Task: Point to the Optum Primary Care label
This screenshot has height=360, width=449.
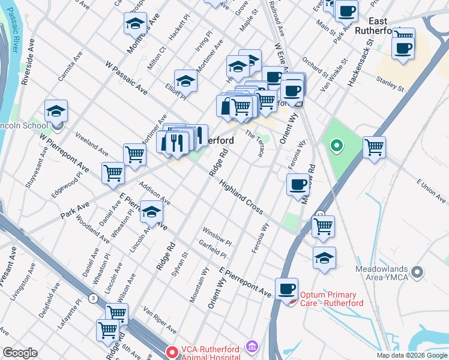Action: click(x=328, y=298)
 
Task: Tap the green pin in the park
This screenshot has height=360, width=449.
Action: click(x=337, y=145)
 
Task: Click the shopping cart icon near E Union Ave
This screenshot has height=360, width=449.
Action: click(x=374, y=147)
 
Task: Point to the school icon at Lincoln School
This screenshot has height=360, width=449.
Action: click(x=56, y=111)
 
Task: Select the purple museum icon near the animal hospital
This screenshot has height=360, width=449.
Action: click(x=252, y=347)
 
